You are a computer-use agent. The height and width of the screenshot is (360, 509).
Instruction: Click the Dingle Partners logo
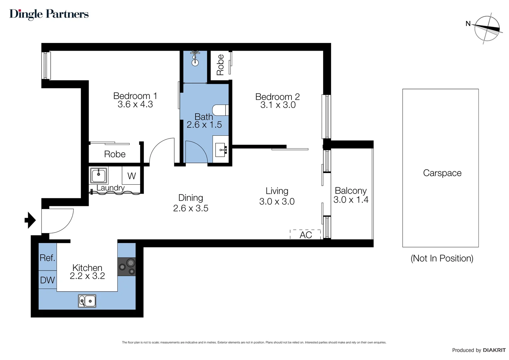[x=49, y=14]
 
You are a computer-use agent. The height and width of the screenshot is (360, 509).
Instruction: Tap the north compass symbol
[x=487, y=29]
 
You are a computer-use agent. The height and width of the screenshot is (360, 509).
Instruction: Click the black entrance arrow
[x=30, y=220]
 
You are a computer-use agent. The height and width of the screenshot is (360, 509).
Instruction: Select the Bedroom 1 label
[x=135, y=96]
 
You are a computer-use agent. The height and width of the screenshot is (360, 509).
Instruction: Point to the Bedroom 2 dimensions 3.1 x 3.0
[x=278, y=105]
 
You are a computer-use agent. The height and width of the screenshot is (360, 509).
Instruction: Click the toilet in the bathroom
[x=220, y=110]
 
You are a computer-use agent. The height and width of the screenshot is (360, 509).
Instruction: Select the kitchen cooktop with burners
[x=127, y=266]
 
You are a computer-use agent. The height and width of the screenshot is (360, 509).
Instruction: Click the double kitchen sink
[x=87, y=301]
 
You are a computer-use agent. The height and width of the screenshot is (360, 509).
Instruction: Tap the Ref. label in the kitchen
[x=47, y=258]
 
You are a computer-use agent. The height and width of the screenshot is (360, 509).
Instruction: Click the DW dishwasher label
[x=47, y=280]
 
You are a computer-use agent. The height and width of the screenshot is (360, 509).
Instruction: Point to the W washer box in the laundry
[x=132, y=176]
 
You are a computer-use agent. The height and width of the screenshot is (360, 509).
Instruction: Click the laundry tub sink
[x=99, y=175]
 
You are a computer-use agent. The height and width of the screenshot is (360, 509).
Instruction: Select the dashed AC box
[x=305, y=235]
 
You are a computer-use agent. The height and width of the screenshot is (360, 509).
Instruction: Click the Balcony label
[x=350, y=191]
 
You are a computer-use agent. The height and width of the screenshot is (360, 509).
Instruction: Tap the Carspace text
[x=442, y=173]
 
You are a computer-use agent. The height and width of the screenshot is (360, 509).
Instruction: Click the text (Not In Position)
[x=442, y=258]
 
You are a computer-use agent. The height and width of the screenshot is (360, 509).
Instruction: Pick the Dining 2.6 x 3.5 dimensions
[x=191, y=208]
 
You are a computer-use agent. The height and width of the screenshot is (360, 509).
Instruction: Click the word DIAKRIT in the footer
[x=494, y=350]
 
